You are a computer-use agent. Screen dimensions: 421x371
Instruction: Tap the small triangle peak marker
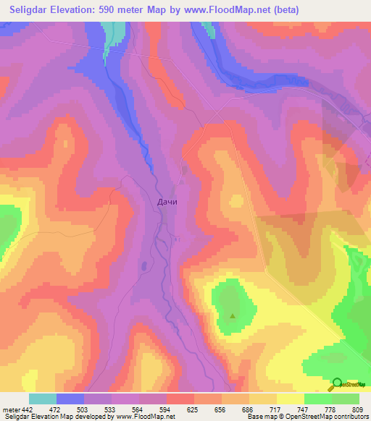click(x=233, y=315)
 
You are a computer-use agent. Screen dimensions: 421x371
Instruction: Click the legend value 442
click(x=28, y=409)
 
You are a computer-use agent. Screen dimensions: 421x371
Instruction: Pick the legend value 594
click(x=166, y=409)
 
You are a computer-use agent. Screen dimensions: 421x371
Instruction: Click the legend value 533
click(x=111, y=409)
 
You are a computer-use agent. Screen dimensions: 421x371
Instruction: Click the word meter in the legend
click(x=10, y=409)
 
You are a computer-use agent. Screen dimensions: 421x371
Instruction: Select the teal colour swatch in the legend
click(x=42, y=399)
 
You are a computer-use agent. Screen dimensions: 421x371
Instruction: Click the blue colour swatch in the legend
click(x=70, y=399)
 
